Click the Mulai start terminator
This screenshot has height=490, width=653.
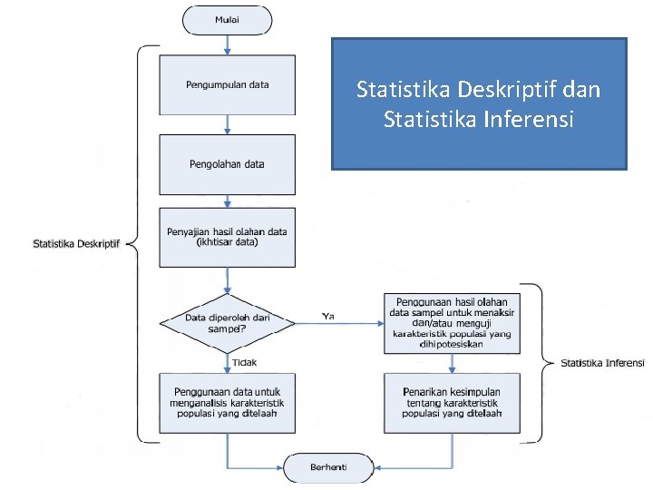tap(228, 18)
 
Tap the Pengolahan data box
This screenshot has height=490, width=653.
tap(228, 164)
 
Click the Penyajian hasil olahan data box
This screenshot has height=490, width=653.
tap(228, 238)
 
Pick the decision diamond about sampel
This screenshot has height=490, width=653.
tap(228, 323)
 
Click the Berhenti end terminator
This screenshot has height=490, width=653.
tap(329, 468)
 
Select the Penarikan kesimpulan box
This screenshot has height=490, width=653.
tap(452, 402)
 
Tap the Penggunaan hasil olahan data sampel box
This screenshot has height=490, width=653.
tap(452, 323)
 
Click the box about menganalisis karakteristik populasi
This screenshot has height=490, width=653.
tap(228, 402)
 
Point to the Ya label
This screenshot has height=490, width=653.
tap(328, 316)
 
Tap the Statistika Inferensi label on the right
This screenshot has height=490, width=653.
tap(602, 363)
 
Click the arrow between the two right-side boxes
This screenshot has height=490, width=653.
tap(452, 362)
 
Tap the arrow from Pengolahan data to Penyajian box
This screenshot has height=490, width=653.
tap(228, 201)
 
